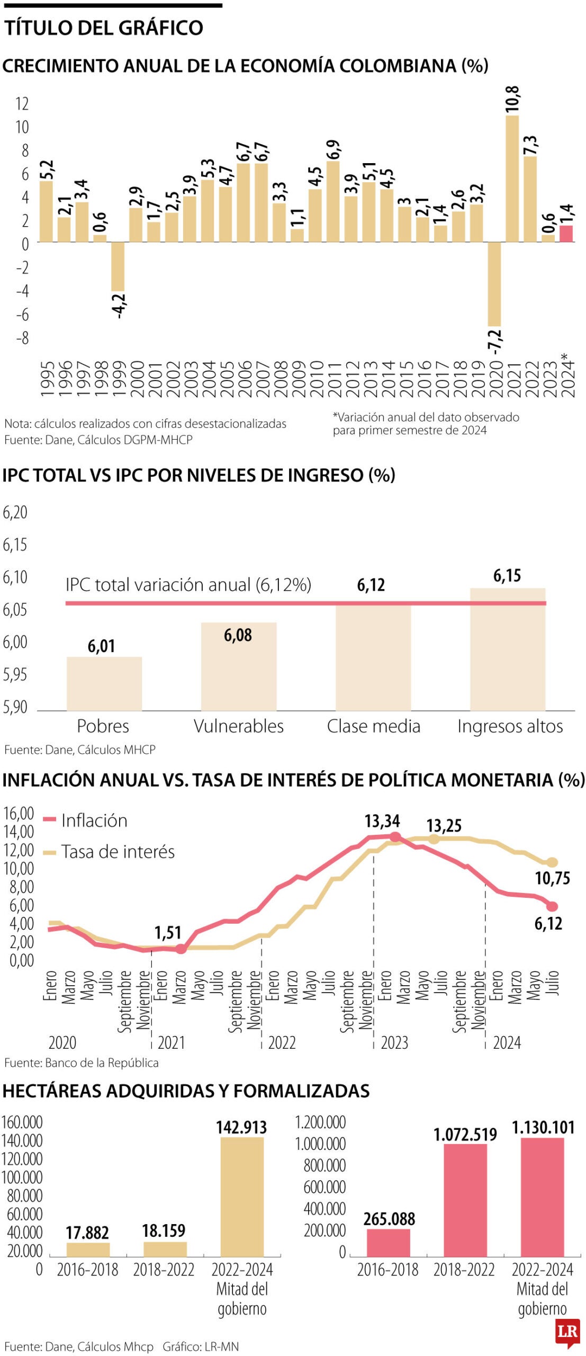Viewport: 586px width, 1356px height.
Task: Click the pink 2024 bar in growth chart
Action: tap(566, 234)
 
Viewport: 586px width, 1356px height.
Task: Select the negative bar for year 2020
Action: tap(494, 284)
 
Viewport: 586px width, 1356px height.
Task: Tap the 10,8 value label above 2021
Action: tap(512, 99)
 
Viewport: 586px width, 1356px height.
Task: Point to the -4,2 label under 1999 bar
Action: tap(119, 306)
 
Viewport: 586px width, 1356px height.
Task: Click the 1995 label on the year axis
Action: tap(47, 379)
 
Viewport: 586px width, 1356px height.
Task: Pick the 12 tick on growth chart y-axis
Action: tap(22, 104)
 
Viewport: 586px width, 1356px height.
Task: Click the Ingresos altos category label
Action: tap(510, 726)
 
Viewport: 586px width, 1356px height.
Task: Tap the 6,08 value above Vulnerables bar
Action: tap(238, 635)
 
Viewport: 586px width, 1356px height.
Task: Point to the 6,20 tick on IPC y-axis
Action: tap(15, 512)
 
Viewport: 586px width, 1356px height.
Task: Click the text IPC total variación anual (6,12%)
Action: tap(188, 585)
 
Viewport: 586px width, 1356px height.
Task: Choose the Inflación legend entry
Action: tap(94, 820)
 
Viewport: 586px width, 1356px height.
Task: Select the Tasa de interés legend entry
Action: tap(118, 851)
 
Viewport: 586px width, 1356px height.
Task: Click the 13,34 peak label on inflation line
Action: tap(382, 822)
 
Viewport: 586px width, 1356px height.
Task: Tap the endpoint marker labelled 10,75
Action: tap(552, 862)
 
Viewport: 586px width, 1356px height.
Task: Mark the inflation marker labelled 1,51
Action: tap(181, 949)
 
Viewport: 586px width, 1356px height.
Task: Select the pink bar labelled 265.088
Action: tap(389, 1242)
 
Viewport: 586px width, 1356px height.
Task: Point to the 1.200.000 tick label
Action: tap(320, 1122)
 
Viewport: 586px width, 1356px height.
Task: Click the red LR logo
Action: tap(567, 1332)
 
